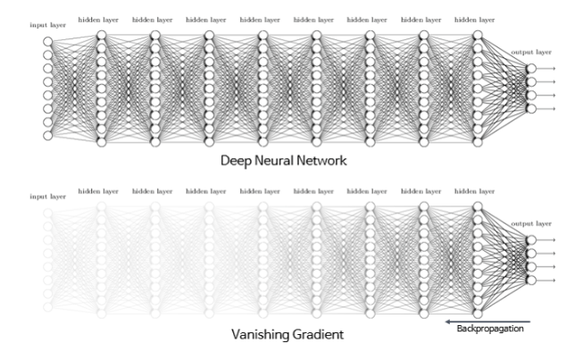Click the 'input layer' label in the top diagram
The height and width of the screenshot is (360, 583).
(x=47, y=25)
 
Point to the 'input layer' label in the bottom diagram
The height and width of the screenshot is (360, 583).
(x=47, y=196)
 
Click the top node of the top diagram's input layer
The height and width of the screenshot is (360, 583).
(x=47, y=40)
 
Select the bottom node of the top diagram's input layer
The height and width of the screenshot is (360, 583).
(x=47, y=136)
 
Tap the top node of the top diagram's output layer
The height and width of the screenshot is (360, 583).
(x=531, y=69)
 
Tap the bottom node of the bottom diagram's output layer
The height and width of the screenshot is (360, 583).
(x=531, y=280)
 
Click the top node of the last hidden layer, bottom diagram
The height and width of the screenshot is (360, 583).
(x=477, y=206)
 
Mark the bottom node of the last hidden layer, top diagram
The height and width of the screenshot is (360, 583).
(x=477, y=142)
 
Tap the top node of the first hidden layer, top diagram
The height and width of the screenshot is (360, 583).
(x=101, y=35)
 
